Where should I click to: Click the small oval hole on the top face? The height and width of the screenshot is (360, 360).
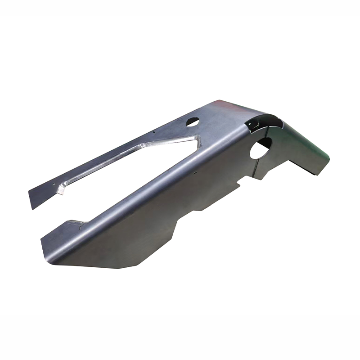click(193, 121)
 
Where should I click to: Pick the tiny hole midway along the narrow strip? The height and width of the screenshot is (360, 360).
click(153, 133)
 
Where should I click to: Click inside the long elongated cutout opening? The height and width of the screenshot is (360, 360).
click(135, 155)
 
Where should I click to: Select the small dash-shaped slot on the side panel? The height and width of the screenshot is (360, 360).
click(194, 171)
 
